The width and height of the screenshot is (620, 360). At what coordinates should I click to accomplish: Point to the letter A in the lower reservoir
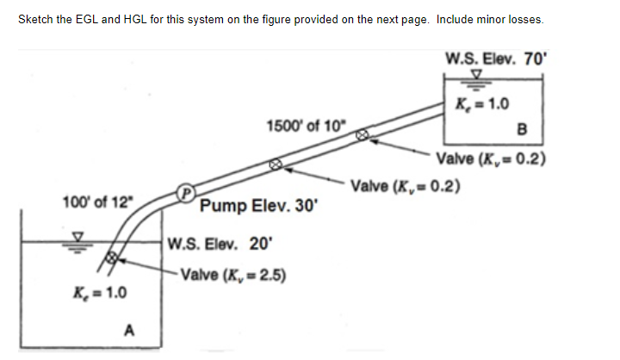130,329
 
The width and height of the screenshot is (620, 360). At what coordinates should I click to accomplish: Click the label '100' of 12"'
98,203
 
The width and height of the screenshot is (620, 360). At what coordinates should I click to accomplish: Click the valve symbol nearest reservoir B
363,133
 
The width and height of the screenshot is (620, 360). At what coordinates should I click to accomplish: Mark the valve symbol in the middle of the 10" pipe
275,163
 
